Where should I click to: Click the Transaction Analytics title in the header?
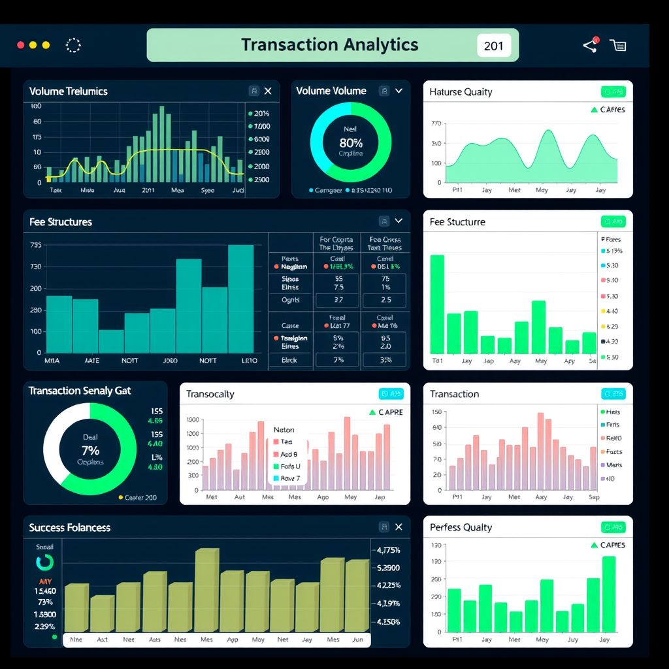tap(329, 45)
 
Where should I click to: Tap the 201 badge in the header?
tap(494, 46)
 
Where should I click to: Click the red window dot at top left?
tap(21, 45)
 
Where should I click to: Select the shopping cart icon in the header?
tap(618, 45)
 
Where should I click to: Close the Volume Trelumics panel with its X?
tap(268, 91)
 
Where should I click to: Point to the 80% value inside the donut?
tap(351, 142)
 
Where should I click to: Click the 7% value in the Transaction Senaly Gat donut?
tap(90, 450)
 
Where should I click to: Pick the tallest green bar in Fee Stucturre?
tap(437, 304)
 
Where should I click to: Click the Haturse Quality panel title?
tap(461, 92)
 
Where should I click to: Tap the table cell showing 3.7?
tap(338, 300)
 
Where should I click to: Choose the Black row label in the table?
tap(289, 360)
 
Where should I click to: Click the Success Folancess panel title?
tap(70, 527)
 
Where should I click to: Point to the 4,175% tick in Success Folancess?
tap(388, 550)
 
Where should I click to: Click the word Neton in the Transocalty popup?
tap(284, 430)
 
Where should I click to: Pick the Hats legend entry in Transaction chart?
tap(613, 412)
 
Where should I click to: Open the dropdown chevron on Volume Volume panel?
tap(399, 91)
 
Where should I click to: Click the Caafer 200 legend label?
tap(140, 497)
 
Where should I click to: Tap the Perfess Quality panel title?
tap(461, 527)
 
